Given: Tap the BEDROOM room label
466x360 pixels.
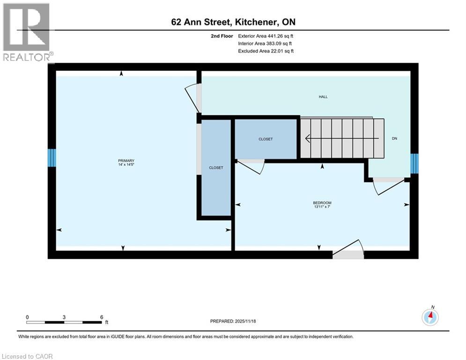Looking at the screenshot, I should click(x=322, y=202).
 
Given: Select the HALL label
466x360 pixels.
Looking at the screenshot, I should click(x=323, y=97).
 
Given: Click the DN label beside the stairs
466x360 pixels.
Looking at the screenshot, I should click(x=394, y=138).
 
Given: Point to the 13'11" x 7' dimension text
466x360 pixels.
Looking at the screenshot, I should click(x=322, y=206).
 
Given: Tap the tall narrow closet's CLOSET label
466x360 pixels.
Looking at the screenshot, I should click(x=216, y=167).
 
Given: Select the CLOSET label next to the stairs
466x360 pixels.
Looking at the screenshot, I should click(x=266, y=139).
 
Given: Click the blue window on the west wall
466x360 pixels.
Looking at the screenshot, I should click(x=52, y=158).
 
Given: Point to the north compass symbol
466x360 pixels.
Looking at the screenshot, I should click(x=430, y=317).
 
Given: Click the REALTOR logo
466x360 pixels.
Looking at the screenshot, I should click(x=27, y=32).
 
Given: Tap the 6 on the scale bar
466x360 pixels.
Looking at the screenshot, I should click(x=102, y=317).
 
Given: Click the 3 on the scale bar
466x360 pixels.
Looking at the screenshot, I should click(x=64, y=317).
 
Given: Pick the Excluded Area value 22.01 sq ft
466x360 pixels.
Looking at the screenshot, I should click(x=280, y=51).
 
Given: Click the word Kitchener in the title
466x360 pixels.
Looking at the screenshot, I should click(x=257, y=22).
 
